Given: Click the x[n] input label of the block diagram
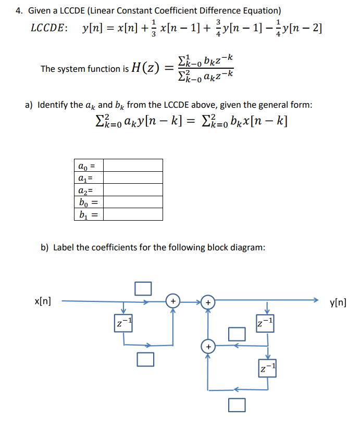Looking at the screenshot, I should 42,301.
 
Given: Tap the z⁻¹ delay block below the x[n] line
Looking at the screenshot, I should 123,324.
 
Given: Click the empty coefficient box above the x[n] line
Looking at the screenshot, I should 143,288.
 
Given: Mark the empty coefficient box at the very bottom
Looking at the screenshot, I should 236,404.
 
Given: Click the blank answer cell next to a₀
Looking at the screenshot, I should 133,166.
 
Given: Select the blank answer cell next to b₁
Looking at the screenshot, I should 133,214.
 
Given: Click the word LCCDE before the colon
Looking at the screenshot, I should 48,28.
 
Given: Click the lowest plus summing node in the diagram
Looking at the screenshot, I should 208,346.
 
